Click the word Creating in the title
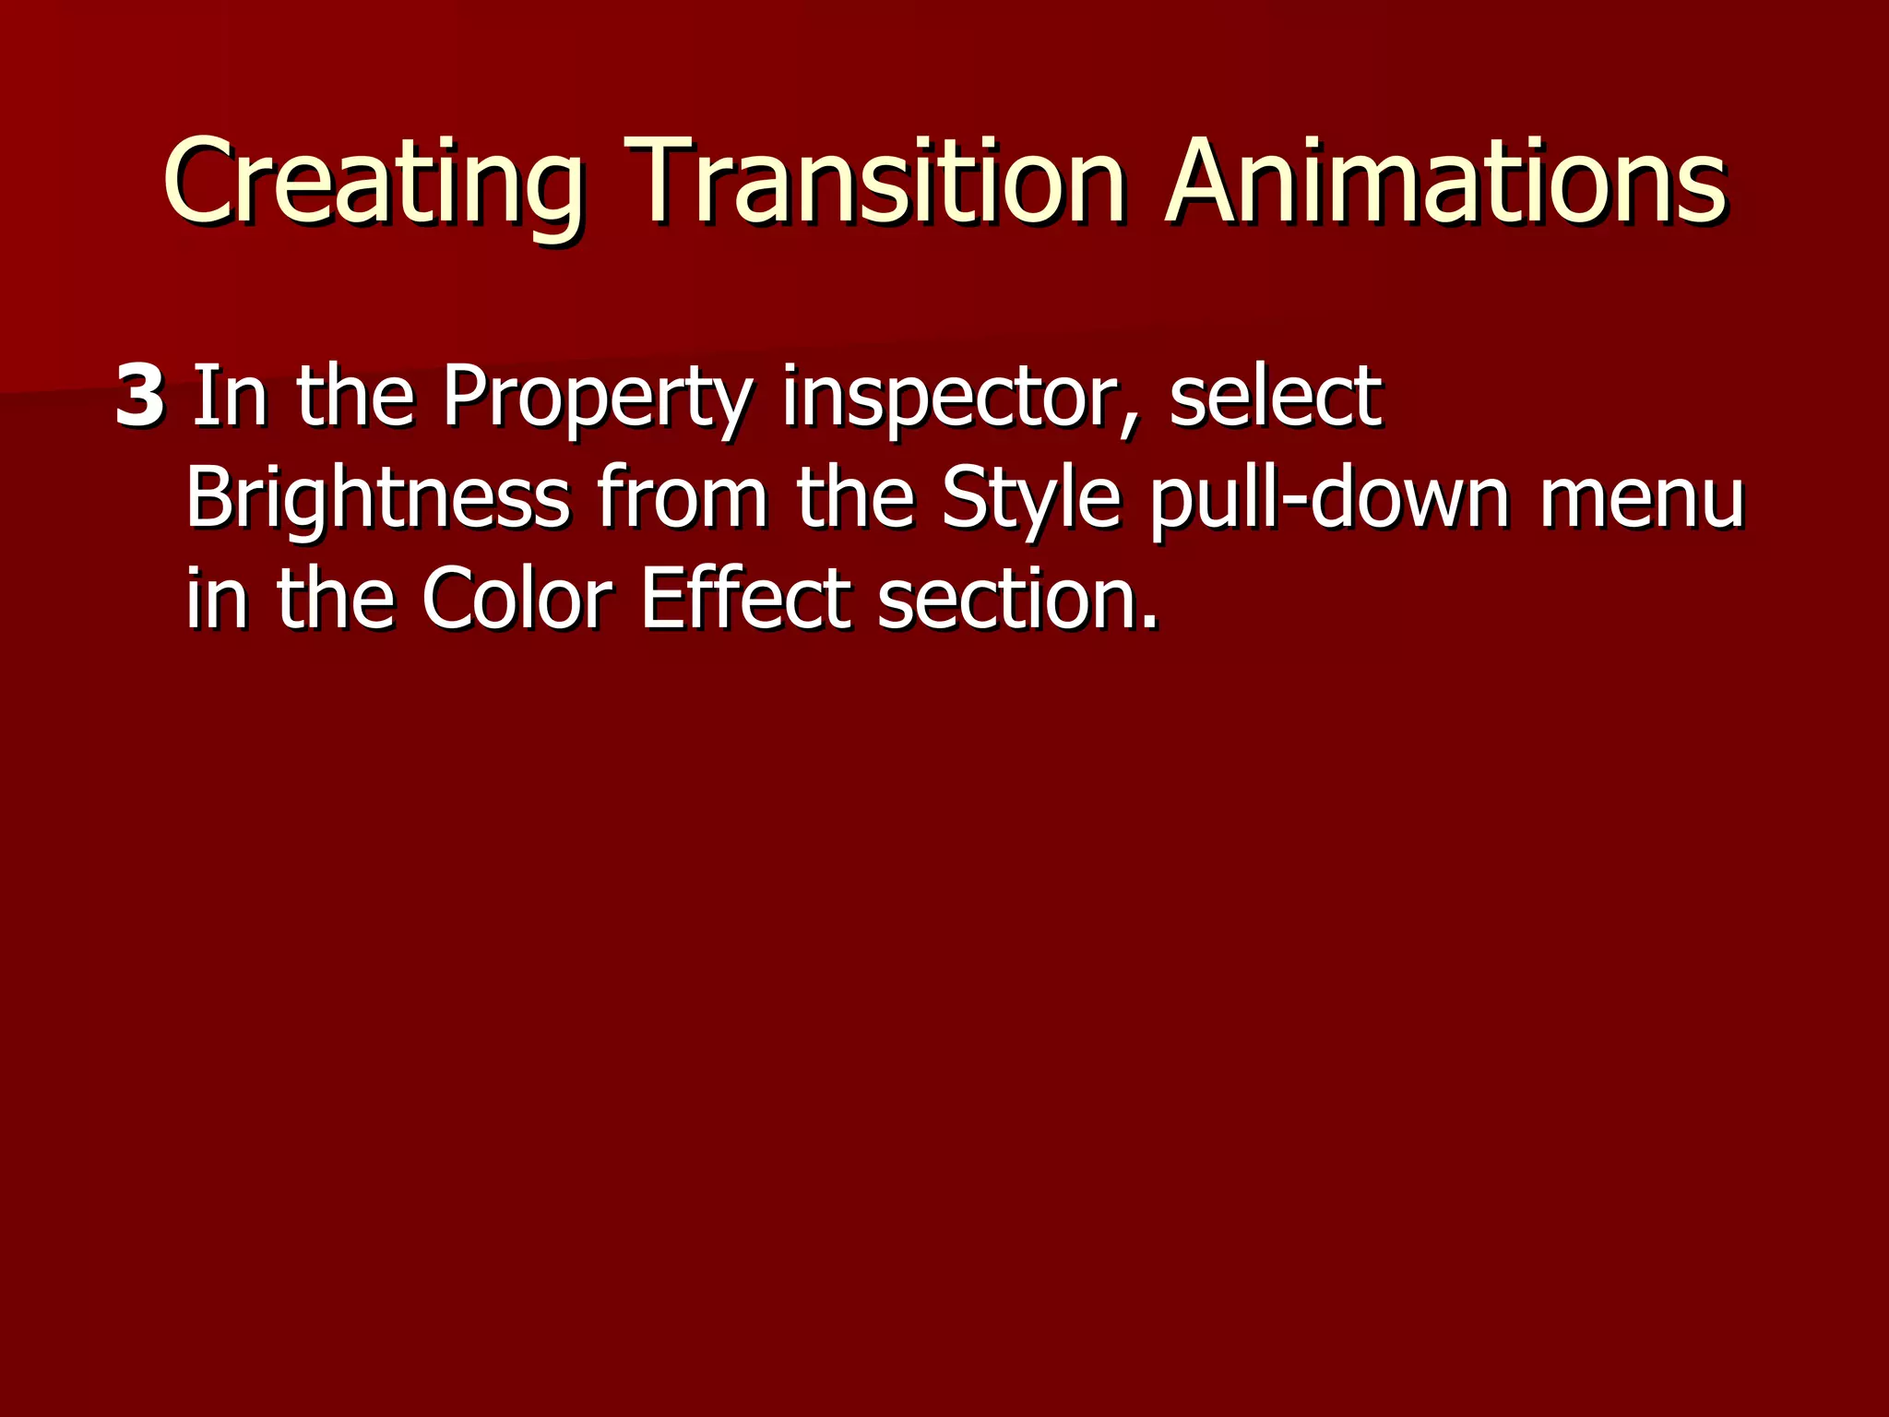[x=373, y=182]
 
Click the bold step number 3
[x=140, y=397]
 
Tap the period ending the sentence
[x=1147, y=623]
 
